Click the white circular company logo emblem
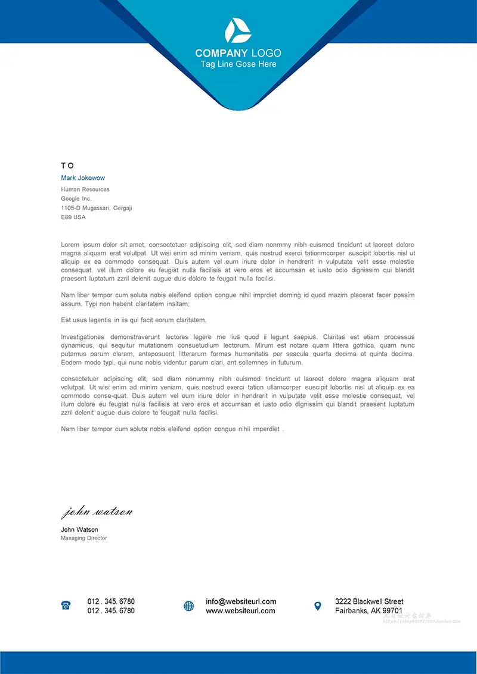(238, 30)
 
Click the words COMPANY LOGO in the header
(238, 53)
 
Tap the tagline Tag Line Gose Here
(238, 64)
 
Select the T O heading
(67, 166)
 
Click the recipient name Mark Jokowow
(83, 178)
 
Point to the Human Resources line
(85, 189)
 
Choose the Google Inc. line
(76, 198)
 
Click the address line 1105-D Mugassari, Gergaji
(96, 208)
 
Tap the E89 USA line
(73, 217)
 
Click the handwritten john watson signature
(97, 511)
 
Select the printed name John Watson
(79, 529)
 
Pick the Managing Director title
(83, 538)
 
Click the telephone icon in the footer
(66, 606)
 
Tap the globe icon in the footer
(189, 606)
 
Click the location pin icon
(318, 606)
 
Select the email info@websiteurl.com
(241, 601)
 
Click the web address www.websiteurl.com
(240, 611)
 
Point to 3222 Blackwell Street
(369, 601)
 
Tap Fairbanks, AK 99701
(368, 611)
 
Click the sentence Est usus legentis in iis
(134, 320)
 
